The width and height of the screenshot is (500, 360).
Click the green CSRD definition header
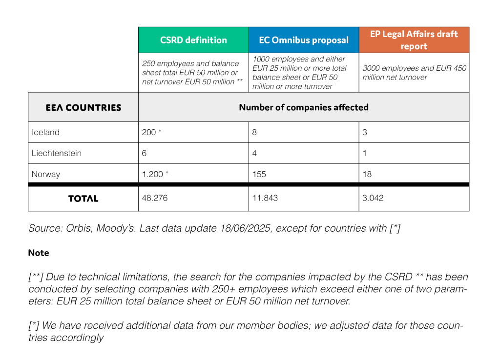click(x=193, y=40)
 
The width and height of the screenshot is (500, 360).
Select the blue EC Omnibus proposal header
click(x=304, y=40)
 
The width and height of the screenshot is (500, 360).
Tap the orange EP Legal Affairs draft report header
click(x=414, y=40)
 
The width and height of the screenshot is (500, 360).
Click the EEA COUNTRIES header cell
click(x=83, y=107)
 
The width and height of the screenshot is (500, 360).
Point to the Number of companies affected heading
click(x=304, y=107)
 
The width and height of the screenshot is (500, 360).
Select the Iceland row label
click(x=45, y=132)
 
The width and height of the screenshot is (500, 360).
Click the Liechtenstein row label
click(x=57, y=153)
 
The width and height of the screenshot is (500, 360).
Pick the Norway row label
click(x=46, y=174)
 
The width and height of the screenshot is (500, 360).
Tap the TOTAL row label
click(x=83, y=199)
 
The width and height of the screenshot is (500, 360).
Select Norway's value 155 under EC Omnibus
click(x=259, y=174)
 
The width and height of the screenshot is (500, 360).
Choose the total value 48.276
click(x=155, y=198)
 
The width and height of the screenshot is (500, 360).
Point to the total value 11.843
click(x=265, y=198)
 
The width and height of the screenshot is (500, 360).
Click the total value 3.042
click(x=373, y=198)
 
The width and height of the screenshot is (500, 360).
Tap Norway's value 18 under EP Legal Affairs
click(x=367, y=174)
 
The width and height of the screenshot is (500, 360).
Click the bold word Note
click(x=39, y=253)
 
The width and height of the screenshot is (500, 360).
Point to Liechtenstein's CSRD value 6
click(x=144, y=153)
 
